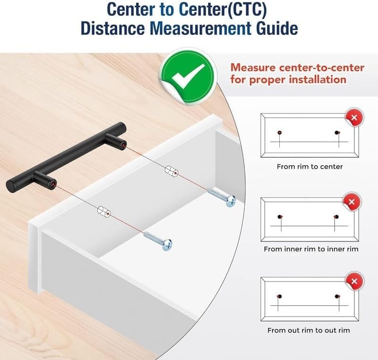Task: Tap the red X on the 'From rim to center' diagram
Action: [x=354, y=118]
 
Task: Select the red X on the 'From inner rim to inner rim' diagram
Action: [x=352, y=201]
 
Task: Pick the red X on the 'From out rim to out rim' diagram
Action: [x=354, y=281]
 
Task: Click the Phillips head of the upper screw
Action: [x=231, y=201]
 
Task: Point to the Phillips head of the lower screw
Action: [x=167, y=245]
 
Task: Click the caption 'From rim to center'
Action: [x=309, y=166]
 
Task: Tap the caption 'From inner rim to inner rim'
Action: [x=311, y=249]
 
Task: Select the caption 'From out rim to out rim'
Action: [x=309, y=330]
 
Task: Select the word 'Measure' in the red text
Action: [x=253, y=68]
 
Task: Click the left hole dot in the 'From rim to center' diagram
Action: [x=280, y=133]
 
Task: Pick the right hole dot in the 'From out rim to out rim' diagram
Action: [x=337, y=296]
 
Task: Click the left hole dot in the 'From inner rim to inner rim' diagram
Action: [x=279, y=217]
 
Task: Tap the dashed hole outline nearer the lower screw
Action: [x=104, y=211]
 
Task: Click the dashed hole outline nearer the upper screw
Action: [x=172, y=171]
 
